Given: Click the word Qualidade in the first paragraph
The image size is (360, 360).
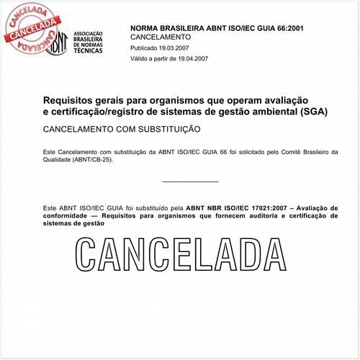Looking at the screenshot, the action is coord(60,160).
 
